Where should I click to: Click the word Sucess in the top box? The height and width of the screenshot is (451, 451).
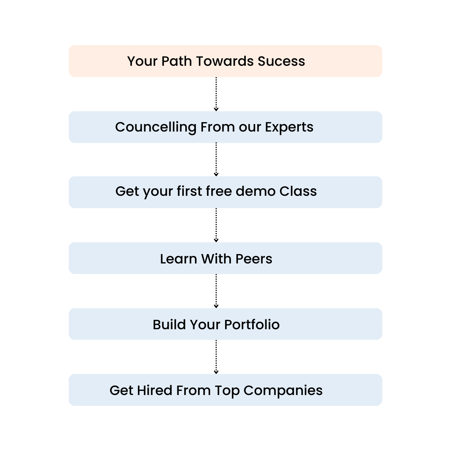tap(281, 61)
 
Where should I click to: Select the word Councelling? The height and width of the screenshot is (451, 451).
tap(156, 127)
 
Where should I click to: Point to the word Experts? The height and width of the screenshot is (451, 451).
tap(289, 127)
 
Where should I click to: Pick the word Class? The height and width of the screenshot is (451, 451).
tap(298, 191)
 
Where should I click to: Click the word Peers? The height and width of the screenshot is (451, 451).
tap(254, 259)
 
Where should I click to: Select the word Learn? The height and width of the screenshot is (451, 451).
tap(179, 259)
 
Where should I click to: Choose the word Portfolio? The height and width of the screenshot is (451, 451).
tap(252, 325)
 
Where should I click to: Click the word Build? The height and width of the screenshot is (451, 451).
tap(169, 325)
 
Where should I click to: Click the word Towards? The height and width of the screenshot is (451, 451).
tap(225, 61)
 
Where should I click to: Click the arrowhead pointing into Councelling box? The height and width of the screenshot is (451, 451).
tap(216, 109)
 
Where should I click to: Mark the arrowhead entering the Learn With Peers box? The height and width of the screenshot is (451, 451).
tap(216, 241)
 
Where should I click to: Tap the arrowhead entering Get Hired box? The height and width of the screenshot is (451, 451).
tap(216, 372)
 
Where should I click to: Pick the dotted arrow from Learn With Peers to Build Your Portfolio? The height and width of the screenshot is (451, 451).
tap(216, 291)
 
